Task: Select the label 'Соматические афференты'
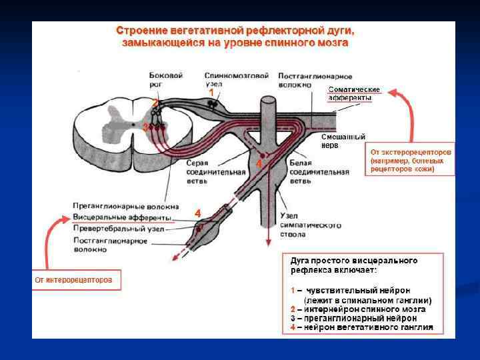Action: [354, 93]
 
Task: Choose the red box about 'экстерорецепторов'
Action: [411, 161]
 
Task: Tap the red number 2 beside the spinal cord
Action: [154, 103]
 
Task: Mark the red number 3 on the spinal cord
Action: [145, 127]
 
